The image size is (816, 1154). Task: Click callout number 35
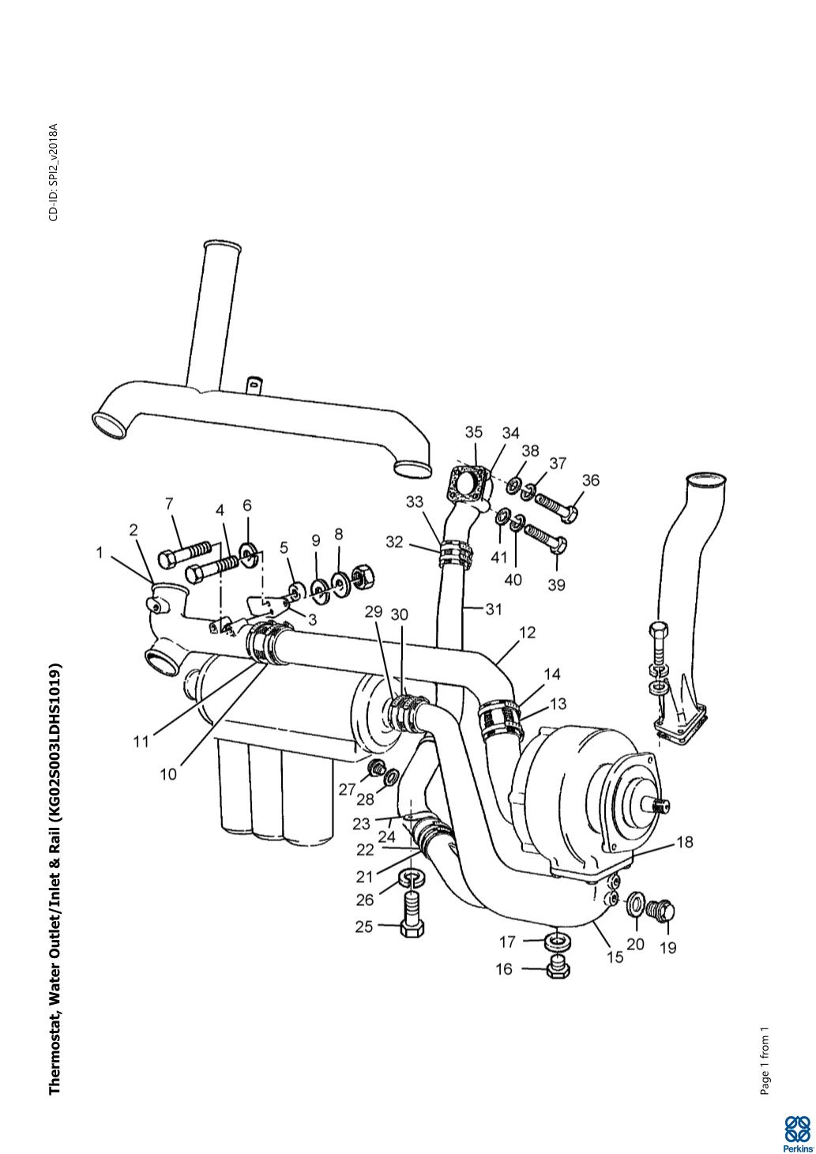473,432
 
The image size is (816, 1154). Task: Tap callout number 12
528,632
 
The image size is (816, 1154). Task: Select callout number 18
685,842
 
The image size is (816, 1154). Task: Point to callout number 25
363,927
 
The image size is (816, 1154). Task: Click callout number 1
100,553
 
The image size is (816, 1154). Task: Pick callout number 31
494,609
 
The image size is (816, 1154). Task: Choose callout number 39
556,585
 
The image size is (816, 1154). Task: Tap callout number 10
168,774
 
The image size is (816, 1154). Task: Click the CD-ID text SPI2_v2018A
53,172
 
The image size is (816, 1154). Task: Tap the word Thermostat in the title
55,1058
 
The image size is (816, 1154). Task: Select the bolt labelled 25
411,914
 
